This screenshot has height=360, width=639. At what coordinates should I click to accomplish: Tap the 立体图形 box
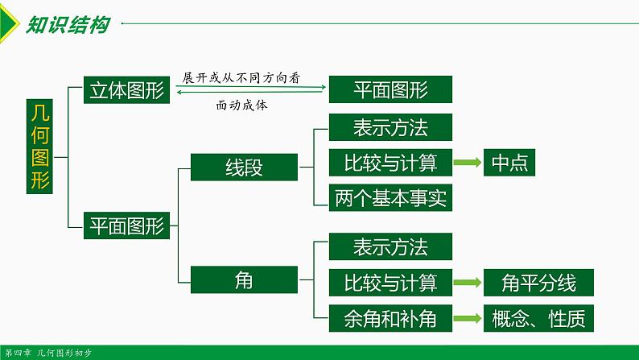coord(125,91)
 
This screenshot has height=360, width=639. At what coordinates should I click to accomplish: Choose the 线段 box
coord(245,167)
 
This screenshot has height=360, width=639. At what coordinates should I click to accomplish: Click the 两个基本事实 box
coord(390,197)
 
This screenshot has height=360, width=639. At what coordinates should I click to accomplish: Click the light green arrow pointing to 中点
coord(467,163)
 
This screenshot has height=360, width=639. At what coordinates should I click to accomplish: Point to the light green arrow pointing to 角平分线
coord(467,283)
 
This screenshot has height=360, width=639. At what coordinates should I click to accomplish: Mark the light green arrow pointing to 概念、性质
coord(467,318)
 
